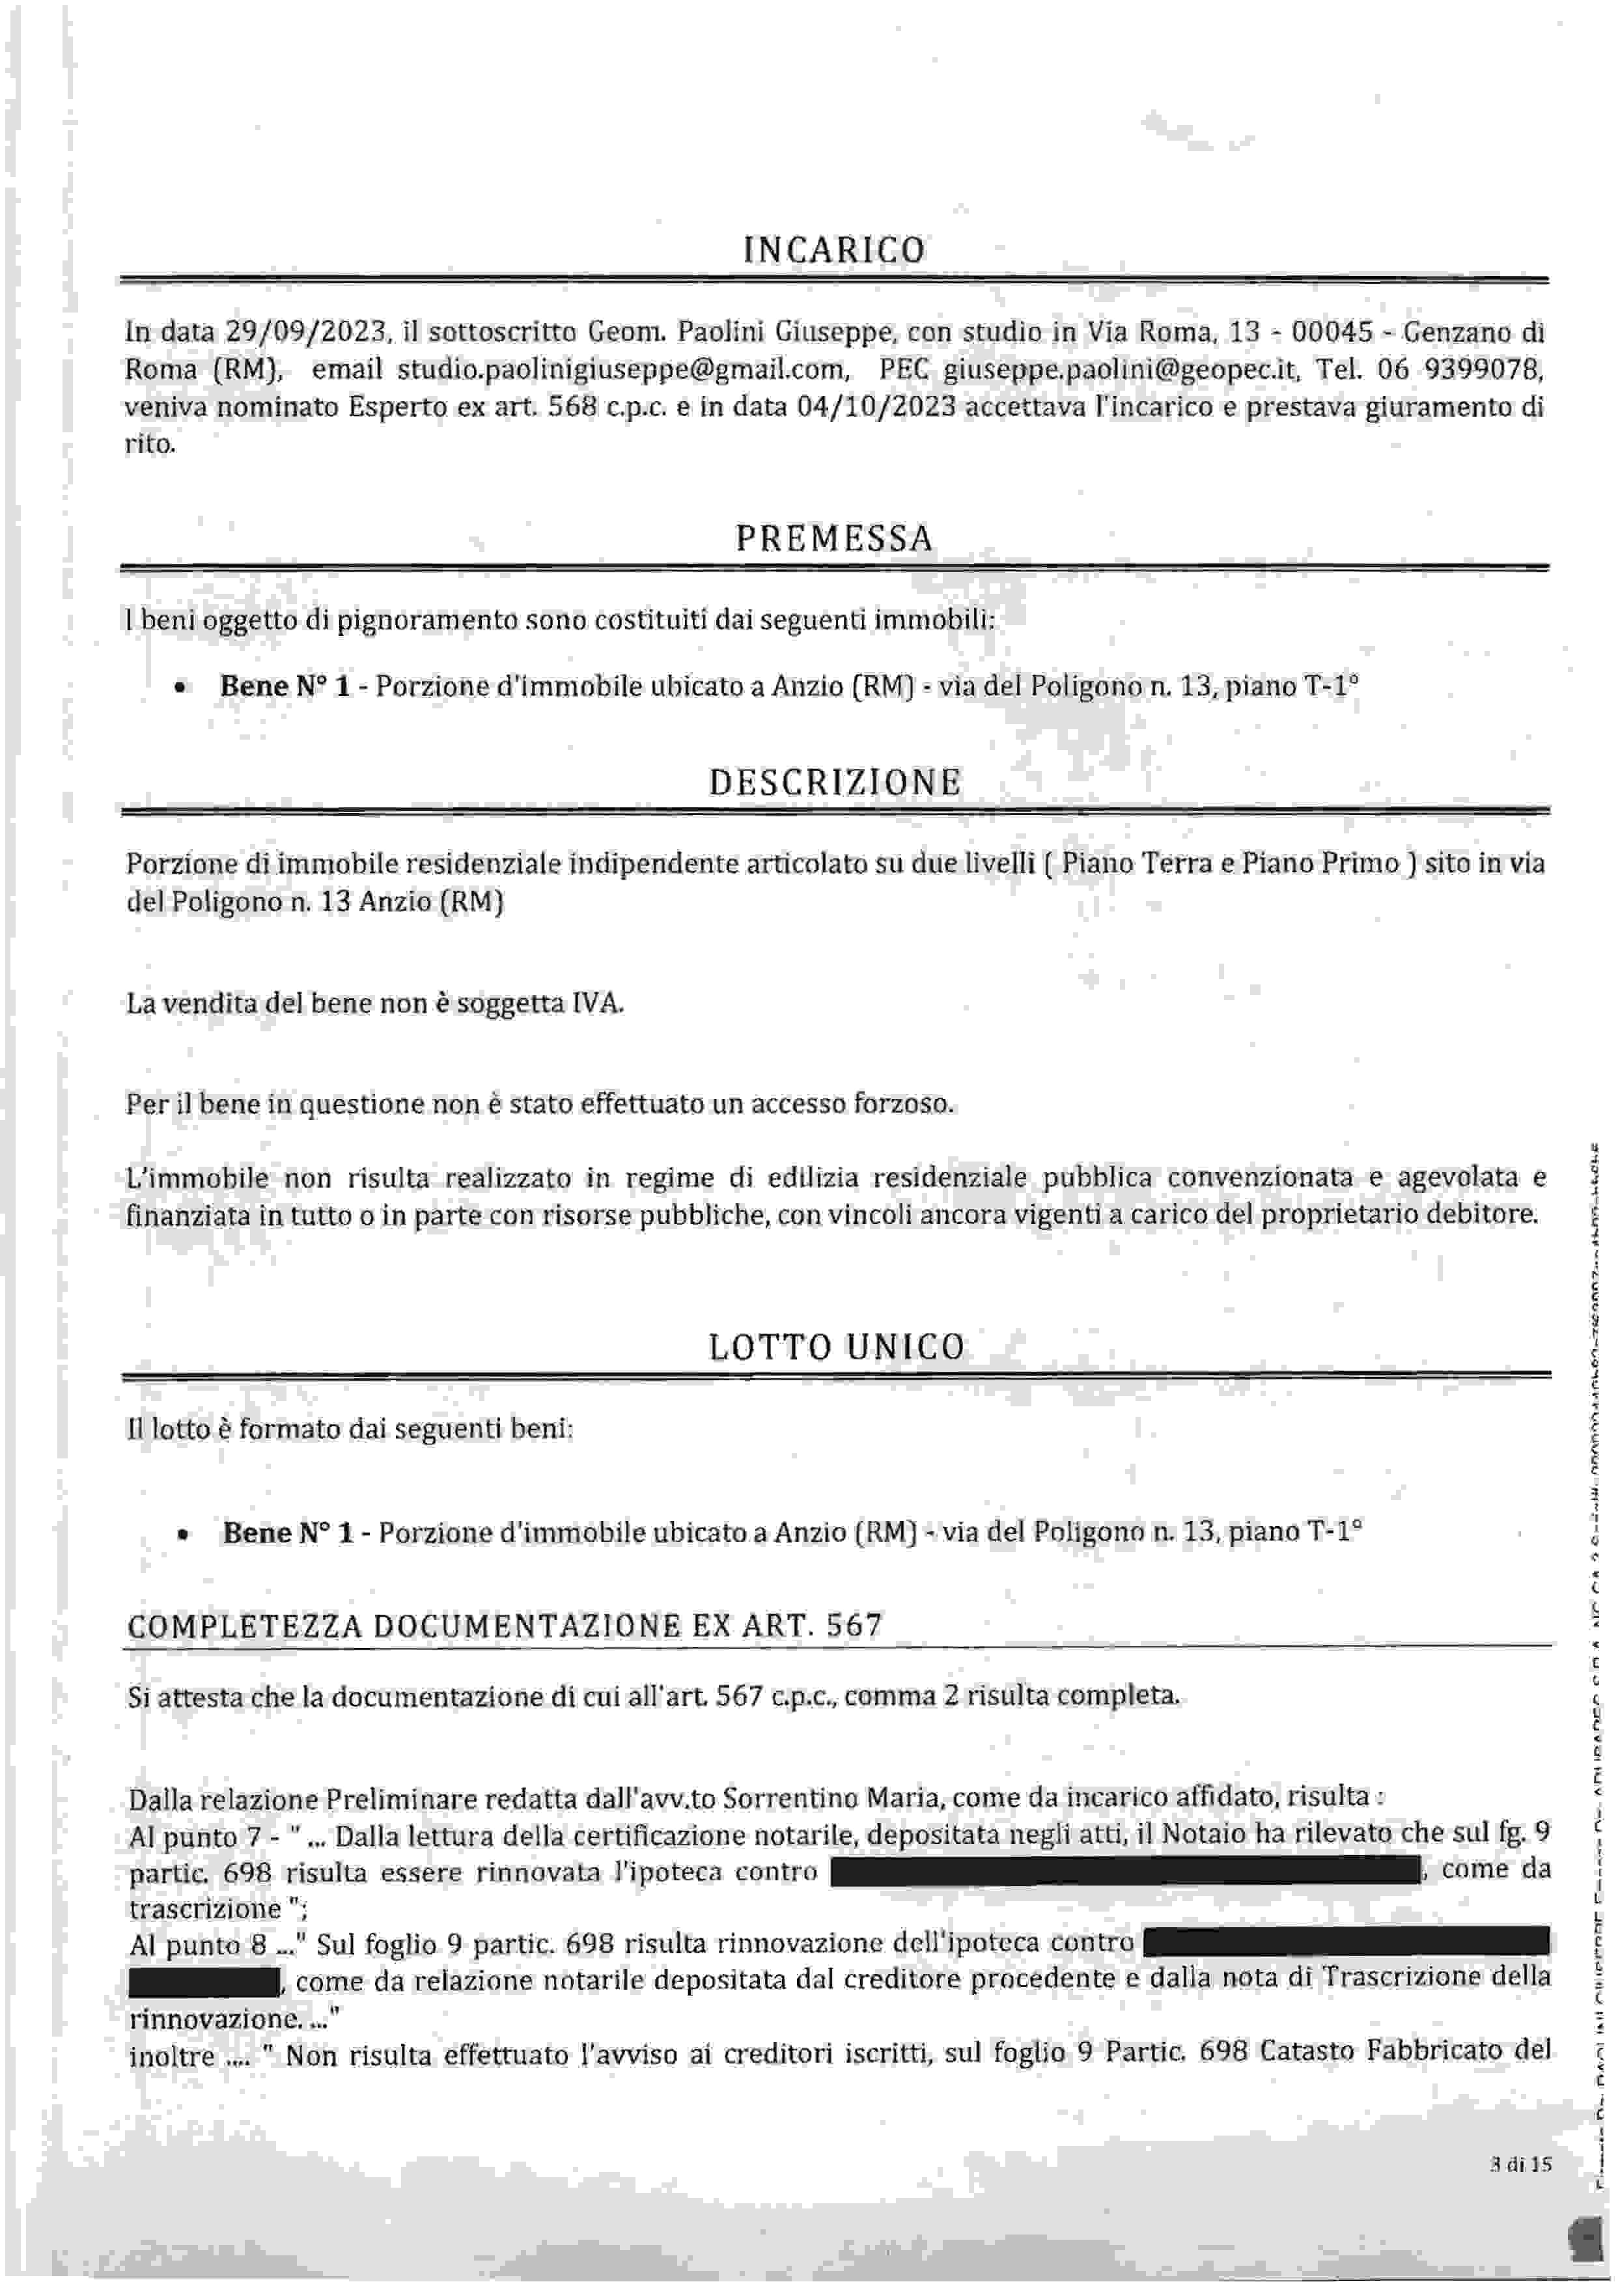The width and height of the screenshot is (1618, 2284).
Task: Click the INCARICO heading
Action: point(834,250)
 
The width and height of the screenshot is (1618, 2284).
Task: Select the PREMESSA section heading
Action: point(834,539)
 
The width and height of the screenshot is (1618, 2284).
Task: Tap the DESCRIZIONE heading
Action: point(834,782)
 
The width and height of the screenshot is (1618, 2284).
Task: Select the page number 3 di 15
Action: point(1522,2164)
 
